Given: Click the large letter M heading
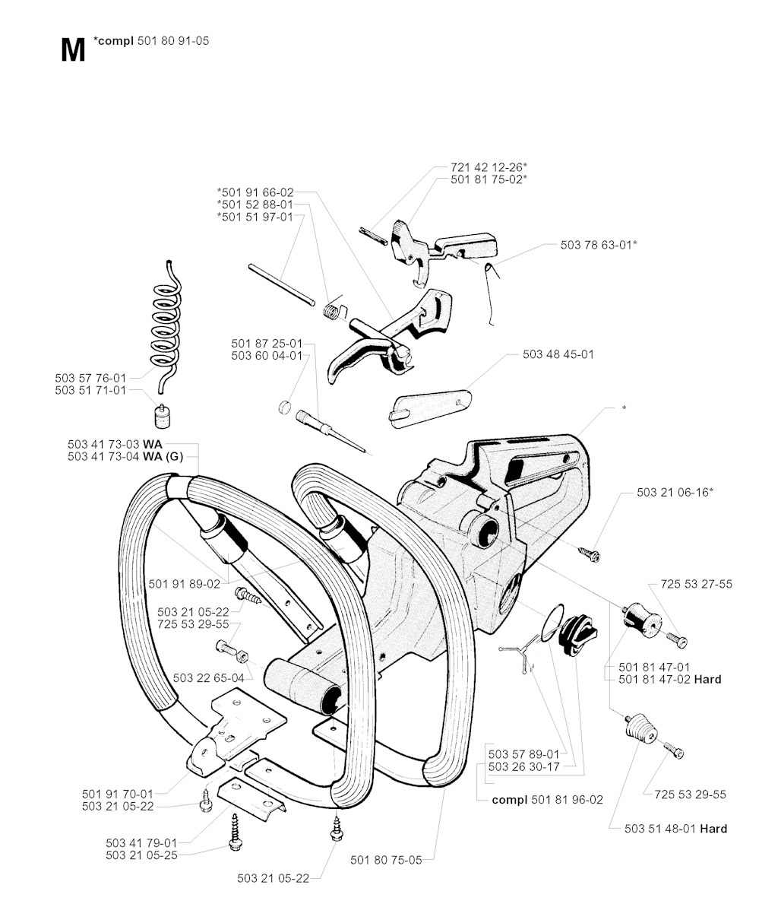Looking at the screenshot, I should (x=72, y=50).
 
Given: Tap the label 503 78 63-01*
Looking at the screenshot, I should (x=599, y=245).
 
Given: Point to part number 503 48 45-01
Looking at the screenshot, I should (x=558, y=354).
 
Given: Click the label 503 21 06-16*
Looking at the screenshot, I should (x=675, y=493).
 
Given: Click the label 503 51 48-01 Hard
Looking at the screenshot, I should (x=675, y=829).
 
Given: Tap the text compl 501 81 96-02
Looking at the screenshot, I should (x=547, y=800).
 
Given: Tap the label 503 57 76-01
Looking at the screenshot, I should (x=90, y=377).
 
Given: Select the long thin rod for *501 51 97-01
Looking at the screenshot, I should (x=281, y=284).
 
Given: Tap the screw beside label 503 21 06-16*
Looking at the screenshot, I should (x=590, y=555).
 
